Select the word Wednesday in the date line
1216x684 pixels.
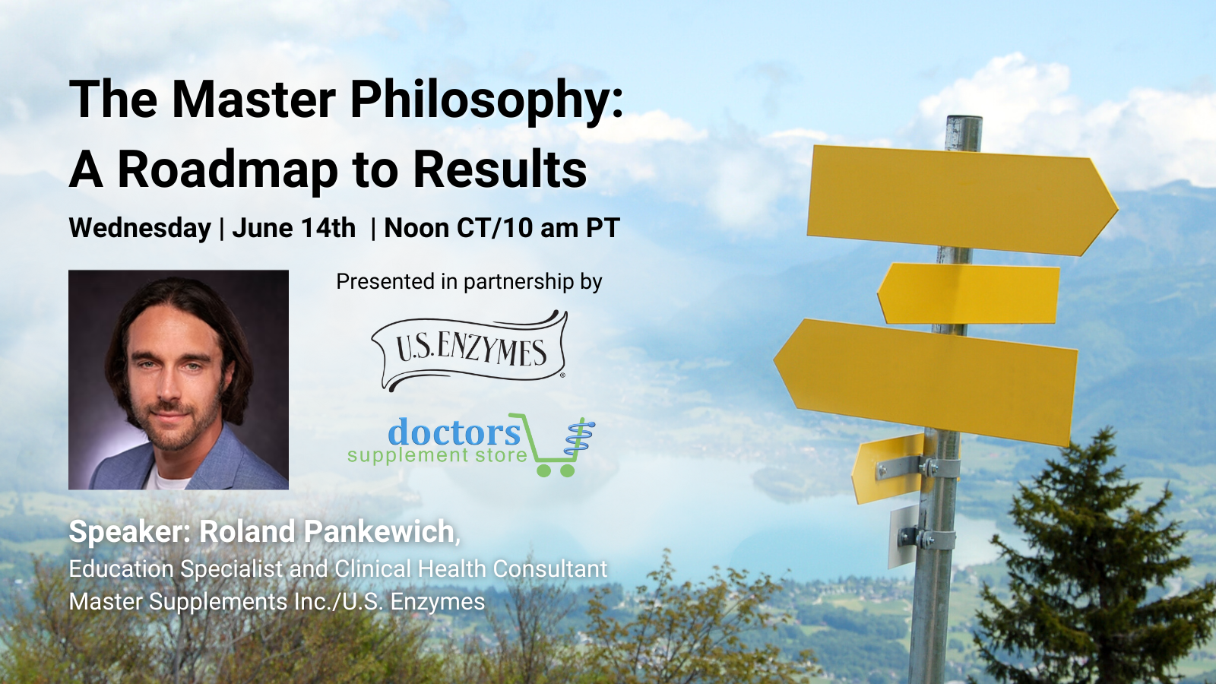140,229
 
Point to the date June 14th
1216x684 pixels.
293,227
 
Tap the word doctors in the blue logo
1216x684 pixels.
454,432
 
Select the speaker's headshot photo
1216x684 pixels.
179,380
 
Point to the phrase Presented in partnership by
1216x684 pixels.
469,282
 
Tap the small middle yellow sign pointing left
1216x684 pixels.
968,293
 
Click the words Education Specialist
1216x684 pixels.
176,569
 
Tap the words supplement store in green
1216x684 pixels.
437,455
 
